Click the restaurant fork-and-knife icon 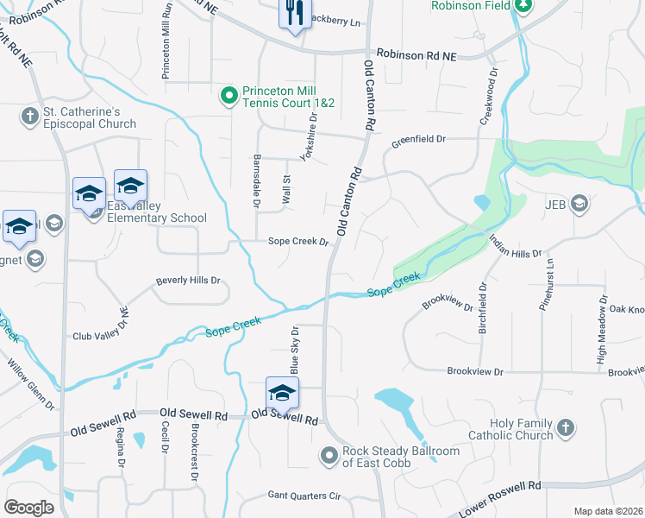pos(294,13)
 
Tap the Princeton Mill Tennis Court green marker pos(229,96)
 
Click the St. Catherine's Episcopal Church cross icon pos(29,116)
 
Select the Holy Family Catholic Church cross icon pos(565,427)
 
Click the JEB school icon pos(579,205)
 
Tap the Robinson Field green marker pos(523,5)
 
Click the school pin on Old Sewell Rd pos(282,394)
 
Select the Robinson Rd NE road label pos(415,54)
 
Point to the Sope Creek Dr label pos(298,242)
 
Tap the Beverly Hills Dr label pos(188,281)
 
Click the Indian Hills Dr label pos(515,247)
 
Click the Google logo pos(30,508)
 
